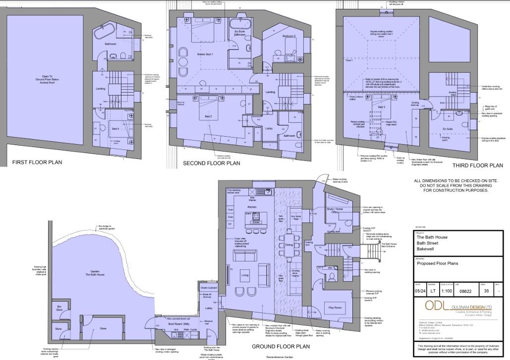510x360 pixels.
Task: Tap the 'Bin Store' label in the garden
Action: (x=59, y=308)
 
